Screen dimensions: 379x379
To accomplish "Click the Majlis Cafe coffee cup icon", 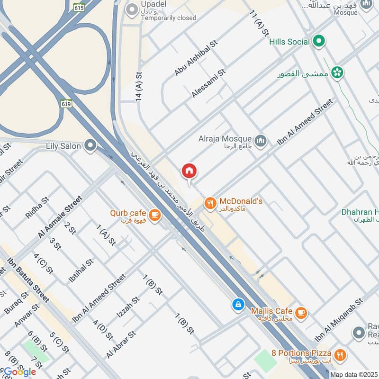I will [x=300, y=313].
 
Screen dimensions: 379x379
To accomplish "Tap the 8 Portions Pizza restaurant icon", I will [x=340, y=354].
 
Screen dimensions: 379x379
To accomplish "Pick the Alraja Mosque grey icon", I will [x=261, y=141].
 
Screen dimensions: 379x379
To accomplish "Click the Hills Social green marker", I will [x=319, y=42].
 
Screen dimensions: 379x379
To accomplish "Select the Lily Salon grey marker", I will [x=90, y=146].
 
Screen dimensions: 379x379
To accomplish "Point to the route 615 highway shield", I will [x=79, y=7].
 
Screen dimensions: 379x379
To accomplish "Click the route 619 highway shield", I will [x=66, y=103].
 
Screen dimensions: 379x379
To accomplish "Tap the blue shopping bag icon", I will [x=238, y=305].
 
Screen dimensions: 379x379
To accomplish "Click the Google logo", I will [x=20, y=372].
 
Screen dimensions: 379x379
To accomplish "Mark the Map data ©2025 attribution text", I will [x=353, y=374].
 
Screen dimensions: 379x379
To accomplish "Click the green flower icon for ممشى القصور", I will [x=338, y=72].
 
